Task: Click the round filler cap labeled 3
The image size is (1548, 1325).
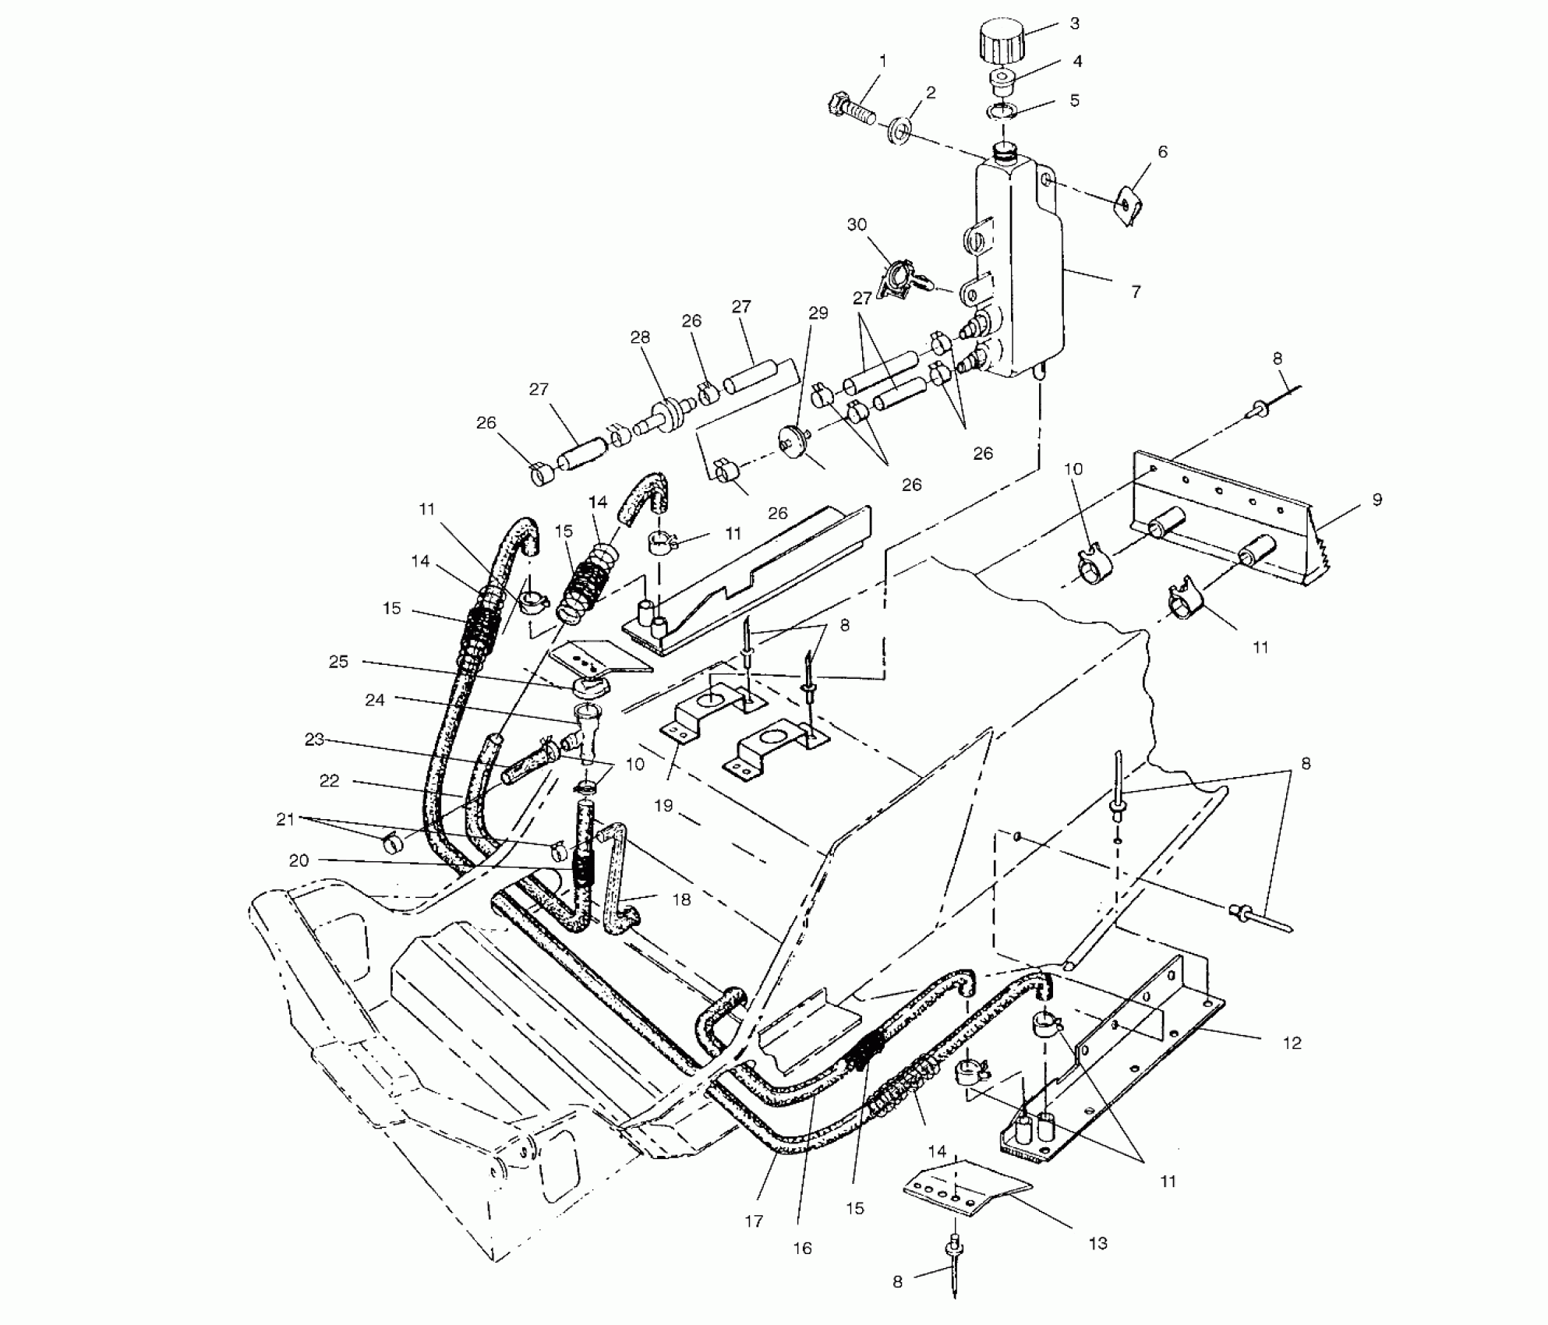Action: [999, 44]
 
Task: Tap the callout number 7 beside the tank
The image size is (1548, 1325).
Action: [1136, 291]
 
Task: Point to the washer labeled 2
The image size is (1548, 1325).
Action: [901, 132]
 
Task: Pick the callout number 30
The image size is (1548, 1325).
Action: [857, 224]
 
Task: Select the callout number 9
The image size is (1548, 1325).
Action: [1377, 500]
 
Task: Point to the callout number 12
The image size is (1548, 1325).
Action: [1292, 1043]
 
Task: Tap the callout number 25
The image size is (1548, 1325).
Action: [338, 661]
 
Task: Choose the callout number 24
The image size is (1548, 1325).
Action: [375, 700]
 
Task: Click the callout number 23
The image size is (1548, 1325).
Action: [314, 739]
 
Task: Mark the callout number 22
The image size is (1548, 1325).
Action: [330, 780]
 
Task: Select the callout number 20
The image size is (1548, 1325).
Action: [299, 860]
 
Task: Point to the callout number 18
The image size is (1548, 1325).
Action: [681, 899]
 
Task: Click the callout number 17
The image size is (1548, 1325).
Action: [753, 1221]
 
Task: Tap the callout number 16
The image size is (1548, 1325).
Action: [802, 1248]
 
